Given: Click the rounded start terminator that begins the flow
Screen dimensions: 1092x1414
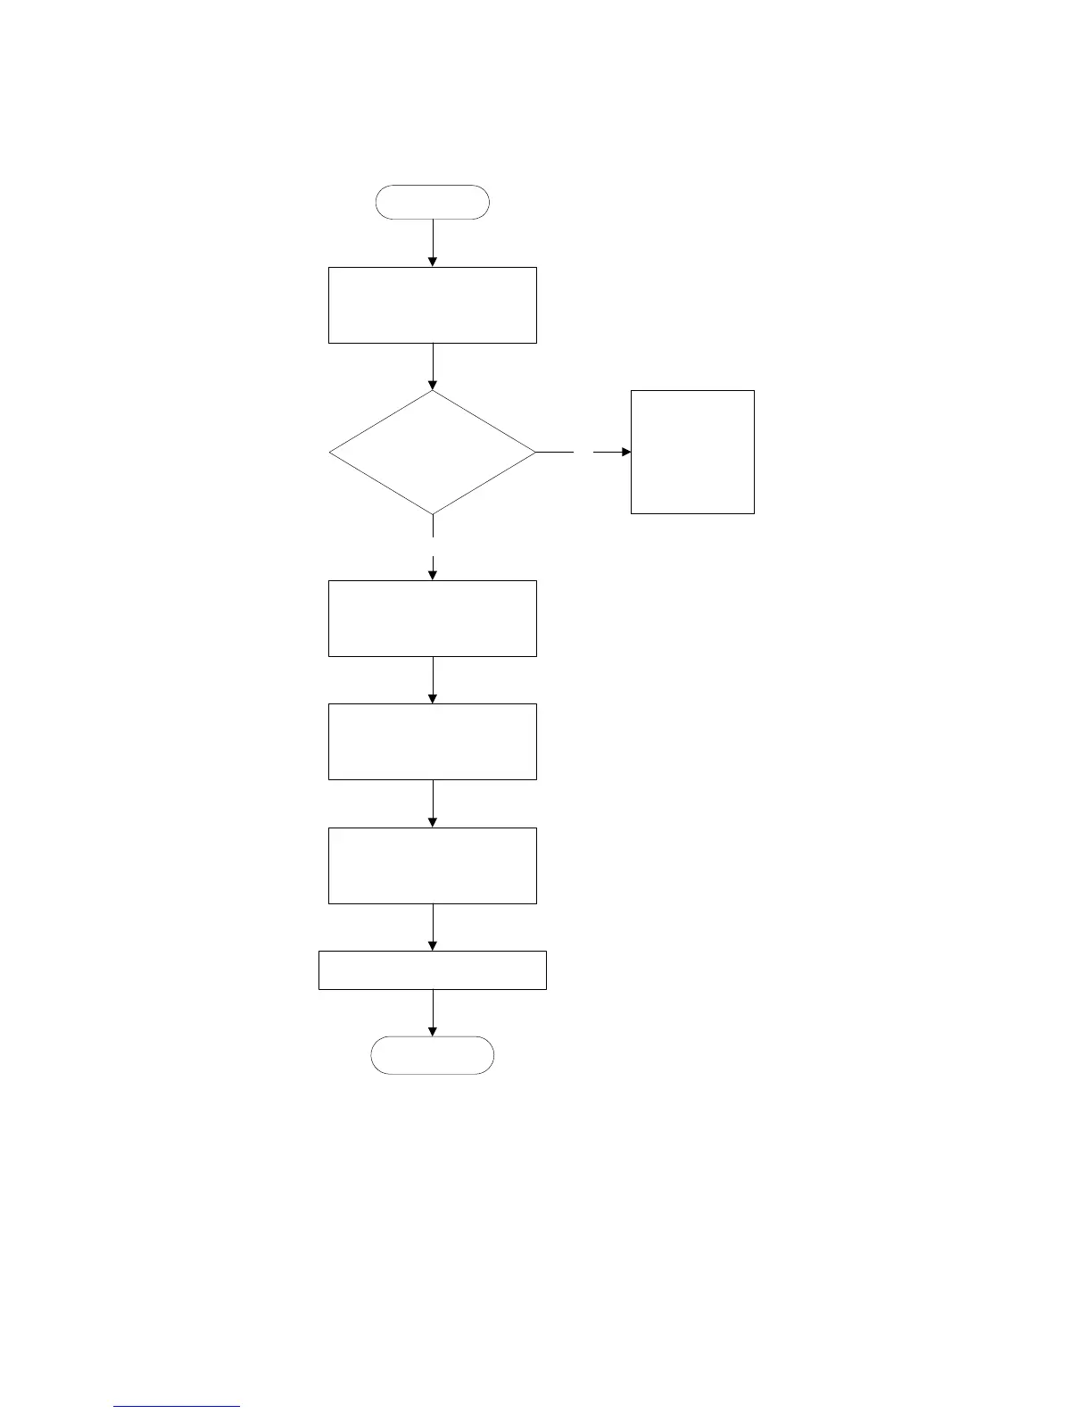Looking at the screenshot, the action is click(x=433, y=203).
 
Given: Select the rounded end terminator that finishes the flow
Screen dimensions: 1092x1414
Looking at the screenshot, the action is click(x=433, y=1055).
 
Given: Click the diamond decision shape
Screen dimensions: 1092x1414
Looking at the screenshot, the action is click(x=433, y=453).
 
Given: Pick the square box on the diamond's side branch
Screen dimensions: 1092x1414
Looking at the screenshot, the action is click(x=692, y=452).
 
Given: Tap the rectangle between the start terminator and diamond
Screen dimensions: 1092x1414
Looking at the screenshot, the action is click(x=433, y=305).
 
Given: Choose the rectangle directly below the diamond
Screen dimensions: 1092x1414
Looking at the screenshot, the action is click(x=433, y=619).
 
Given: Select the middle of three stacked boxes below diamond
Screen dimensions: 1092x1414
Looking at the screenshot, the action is click(x=433, y=742).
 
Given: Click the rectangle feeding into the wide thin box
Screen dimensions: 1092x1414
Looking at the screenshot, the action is click(x=433, y=866).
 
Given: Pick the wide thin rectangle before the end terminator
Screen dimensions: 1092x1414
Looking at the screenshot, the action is click(x=433, y=970).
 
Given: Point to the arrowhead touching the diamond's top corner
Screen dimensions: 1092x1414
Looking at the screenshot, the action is click(x=433, y=386).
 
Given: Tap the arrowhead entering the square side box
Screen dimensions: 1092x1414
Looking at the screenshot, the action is click(x=625, y=453).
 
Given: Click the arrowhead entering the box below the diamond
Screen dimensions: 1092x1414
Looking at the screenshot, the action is click(x=433, y=576).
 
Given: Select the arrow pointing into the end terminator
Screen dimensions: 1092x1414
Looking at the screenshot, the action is click(x=433, y=1013).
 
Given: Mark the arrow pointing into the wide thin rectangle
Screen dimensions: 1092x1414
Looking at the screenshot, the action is click(x=433, y=928).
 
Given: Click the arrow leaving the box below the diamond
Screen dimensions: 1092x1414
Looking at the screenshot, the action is click(x=433, y=680).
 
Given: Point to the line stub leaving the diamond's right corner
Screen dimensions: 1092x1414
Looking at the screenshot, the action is click(x=555, y=453).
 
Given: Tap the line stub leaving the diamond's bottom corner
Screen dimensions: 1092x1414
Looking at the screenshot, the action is click(x=433, y=526).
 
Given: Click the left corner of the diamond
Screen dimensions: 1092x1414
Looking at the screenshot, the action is click(x=332, y=453).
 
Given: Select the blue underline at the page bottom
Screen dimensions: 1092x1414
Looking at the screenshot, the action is click(x=177, y=1407).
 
